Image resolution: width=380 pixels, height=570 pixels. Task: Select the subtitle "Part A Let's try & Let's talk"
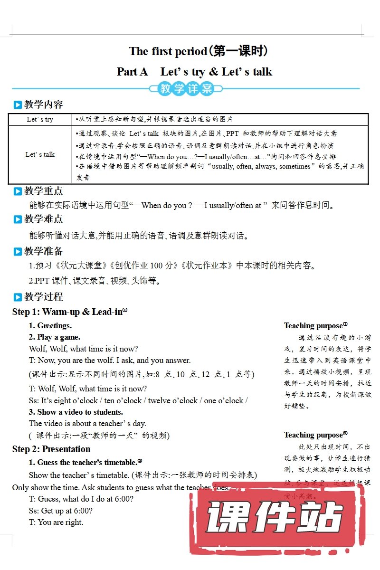pos(194,72)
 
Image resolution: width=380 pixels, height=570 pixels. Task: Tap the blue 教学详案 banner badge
pos(186,88)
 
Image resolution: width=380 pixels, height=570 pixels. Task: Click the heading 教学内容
pos(43,104)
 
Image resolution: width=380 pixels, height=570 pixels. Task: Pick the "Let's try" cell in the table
pos(40,119)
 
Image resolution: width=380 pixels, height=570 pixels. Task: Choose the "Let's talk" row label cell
pos(40,154)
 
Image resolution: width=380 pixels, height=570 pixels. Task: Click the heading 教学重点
pos(43,191)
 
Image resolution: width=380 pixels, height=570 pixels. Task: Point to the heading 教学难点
pos(43,219)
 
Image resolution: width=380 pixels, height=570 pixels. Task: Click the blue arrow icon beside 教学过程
pos(18,297)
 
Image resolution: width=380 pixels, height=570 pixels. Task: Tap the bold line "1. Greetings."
pos(50,326)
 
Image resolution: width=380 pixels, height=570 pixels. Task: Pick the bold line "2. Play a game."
pos(55,337)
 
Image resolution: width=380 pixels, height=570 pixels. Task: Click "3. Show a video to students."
pos(76,412)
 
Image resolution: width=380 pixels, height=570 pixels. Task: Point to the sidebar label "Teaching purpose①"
pos(315,326)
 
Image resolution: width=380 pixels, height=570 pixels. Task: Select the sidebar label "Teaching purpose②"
pos(315,435)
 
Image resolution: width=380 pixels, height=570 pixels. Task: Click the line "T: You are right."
pos(56,522)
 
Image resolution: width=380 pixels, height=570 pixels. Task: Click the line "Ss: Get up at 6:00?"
pos(61,511)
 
